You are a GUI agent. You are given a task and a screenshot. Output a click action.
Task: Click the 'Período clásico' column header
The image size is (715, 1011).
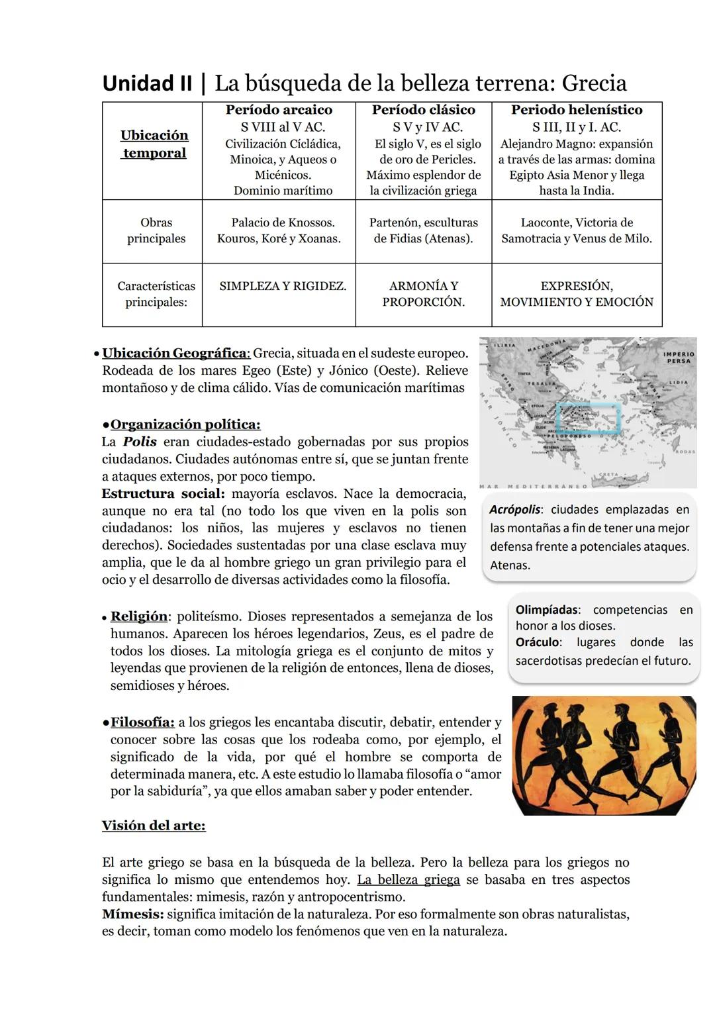coord(424,110)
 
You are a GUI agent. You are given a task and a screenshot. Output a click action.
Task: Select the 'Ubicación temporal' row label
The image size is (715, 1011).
coord(154,144)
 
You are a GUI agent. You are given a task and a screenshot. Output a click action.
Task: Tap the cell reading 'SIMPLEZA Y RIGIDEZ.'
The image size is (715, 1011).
coord(283,286)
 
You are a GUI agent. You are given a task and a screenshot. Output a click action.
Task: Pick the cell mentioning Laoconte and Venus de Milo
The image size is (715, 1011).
coord(577,230)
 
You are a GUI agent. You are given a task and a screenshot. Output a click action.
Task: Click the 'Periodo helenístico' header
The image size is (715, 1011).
coord(577,110)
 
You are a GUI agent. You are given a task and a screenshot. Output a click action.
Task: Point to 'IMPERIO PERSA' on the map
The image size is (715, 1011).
coord(678,358)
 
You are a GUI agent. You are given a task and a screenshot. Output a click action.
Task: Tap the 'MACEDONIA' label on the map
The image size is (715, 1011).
coord(547,346)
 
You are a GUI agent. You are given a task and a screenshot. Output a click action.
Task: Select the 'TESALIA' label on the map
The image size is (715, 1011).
coord(541,383)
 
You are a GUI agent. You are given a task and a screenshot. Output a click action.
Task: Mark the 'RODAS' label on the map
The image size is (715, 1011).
coord(686,452)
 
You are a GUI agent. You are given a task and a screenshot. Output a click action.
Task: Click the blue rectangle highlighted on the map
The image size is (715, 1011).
coord(589,418)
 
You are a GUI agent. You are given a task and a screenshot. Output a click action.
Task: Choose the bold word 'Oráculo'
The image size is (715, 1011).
coord(538,642)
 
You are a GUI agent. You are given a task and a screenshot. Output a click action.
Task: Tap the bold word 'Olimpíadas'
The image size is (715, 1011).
coord(547,610)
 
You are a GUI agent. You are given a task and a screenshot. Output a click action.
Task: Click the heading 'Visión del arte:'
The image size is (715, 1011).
coord(154,826)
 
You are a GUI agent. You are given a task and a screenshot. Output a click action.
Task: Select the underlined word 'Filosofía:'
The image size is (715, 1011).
coord(142,722)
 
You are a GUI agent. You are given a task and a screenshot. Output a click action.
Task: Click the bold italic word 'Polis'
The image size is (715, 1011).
coord(140,442)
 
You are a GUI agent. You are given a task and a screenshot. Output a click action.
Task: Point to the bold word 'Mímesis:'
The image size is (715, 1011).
coord(132,914)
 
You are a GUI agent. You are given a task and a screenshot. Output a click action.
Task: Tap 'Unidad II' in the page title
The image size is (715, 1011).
coord(147,83)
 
